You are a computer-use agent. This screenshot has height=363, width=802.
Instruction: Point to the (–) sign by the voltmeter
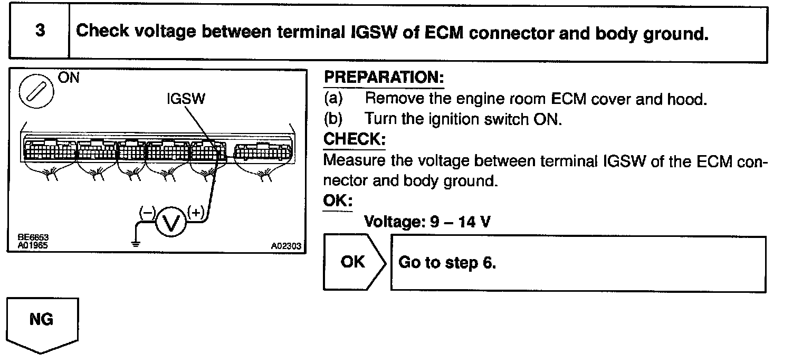click(146, 213)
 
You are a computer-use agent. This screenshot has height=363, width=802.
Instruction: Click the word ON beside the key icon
click(67, 79)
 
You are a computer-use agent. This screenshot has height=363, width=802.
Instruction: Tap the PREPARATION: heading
click(384, 78)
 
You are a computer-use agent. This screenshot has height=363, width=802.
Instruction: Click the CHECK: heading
click(354, 139)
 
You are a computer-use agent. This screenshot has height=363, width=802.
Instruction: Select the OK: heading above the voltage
click(337, 201)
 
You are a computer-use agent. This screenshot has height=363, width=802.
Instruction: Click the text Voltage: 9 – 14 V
click(427, 222)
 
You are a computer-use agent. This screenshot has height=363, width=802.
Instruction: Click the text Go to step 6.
click(447, 263)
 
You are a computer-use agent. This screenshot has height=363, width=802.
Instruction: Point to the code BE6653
click(30, 238)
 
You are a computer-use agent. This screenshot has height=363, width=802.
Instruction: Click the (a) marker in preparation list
click(333, 99)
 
